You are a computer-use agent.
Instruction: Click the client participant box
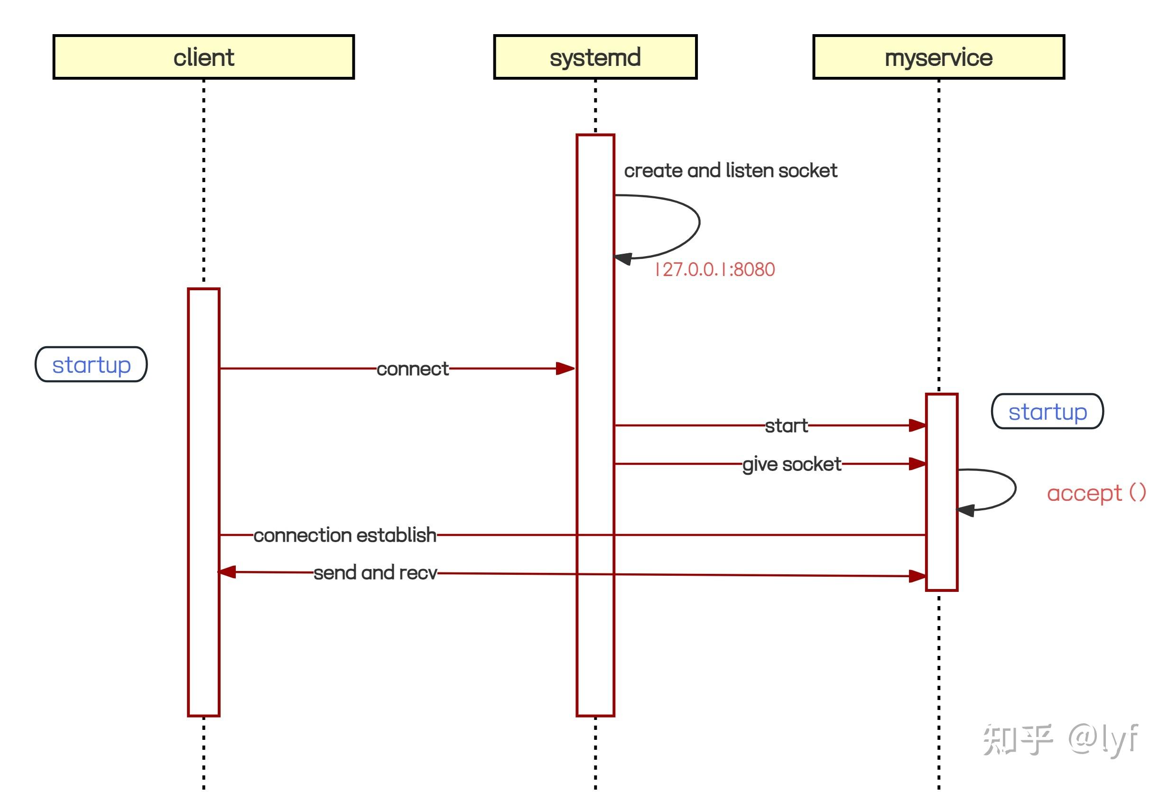point(204,57)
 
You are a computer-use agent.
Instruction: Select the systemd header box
point(595,57)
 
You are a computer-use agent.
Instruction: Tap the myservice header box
point(938,57)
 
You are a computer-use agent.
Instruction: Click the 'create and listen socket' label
point(730,171)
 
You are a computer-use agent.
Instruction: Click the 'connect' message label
point(412,369)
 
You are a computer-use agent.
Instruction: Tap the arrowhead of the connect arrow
point(566,368)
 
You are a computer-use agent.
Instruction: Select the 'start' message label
point(786,426)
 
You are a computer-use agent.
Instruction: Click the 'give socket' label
point(792,464)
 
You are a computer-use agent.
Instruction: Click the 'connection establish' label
point(345,535)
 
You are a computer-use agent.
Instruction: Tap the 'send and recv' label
point(375,572)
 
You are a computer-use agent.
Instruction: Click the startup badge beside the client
point(91,364)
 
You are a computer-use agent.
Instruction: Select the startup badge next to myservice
point(1047,411)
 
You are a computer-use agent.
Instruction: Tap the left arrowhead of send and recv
point(227,572)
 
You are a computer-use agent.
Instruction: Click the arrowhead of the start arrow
point(917,426)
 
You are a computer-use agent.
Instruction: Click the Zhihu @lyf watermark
point(1060,739)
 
